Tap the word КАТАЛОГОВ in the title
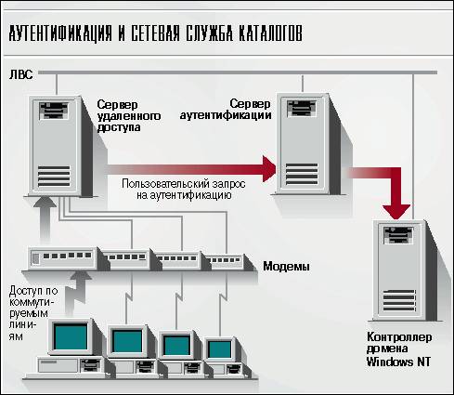pyautogui.click(x=270, y=33)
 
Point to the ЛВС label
pyautogui.click(x=20, y=74)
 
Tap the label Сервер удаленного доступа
pyautogui.click(x=129, y=115)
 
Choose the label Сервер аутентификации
pyautogui.click(x=226, y=110)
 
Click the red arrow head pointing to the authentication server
pyautogui.click(x=269, y=169)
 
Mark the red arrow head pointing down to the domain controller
pyautogui.click(x=396, y=212)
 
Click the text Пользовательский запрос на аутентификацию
pyautogui.click(x=184, y=189)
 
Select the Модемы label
pyautogui.click(x=286, y=266)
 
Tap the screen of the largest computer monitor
pyautogui.click(x=71, y=336)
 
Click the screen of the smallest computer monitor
pyautogui.click(x=219, y=349)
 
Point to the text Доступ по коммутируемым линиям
pyautogui.click(x=33, y=313)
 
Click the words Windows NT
pyautogui.click(x=398, y=362)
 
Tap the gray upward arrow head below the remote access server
pyautogui.click(x=45, y=202)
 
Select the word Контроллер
pyautogui.click(x=399, y=336)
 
